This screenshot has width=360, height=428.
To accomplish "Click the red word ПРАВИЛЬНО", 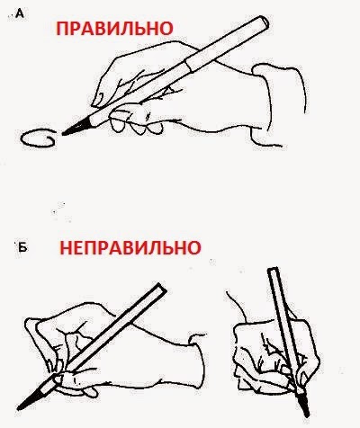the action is [x=114, y=29].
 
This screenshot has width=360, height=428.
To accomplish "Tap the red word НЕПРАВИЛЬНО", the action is [x=130, y=248].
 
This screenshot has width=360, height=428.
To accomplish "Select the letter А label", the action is [x=19, y=13].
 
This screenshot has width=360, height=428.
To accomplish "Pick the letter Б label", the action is [x=22, y=247].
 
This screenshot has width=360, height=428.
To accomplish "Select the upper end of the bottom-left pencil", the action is [x=159, y=289].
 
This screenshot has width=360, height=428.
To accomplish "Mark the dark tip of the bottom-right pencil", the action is [x=303, y=406].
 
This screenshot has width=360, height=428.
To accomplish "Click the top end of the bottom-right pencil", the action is [x=273, y=270].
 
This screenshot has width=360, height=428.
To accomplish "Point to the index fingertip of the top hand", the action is [x=97, y=101].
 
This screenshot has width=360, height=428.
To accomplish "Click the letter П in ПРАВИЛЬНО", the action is [x=63, y=29].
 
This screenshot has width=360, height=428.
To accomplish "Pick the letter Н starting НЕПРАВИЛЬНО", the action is [x=66, y=248].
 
